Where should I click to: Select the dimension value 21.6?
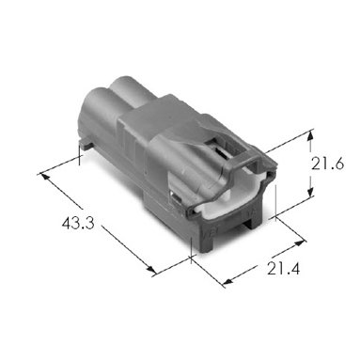click(x=327, y=164)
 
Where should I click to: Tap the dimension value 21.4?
click(x=284, y=269)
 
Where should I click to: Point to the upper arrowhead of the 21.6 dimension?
click(x=310, y=136)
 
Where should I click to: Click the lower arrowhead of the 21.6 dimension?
click(x=310, y=191)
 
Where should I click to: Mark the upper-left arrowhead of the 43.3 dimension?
click(x=44, y=176)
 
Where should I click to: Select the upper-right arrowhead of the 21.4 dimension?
click(x=300, y=243)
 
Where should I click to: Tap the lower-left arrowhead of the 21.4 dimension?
click(x=228, y=280)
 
